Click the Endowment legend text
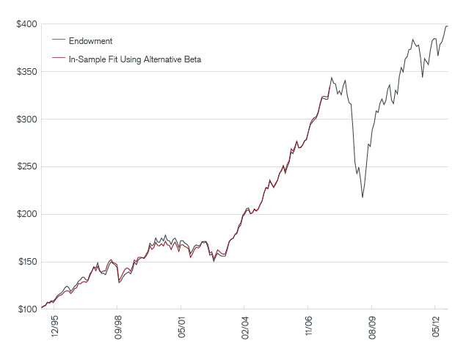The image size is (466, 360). click(x=90, y=40)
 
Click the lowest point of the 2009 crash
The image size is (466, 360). click(x=363, y=197)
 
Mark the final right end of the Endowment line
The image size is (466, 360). click(x=448, y=26)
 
